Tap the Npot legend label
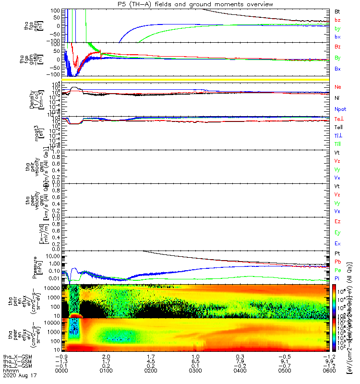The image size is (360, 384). coord(340,108)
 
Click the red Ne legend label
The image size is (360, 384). coord(338,87)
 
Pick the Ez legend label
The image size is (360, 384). coord(337,222)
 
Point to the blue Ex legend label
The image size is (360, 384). coord(337,243)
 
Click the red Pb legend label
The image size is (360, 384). coord(337,261)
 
